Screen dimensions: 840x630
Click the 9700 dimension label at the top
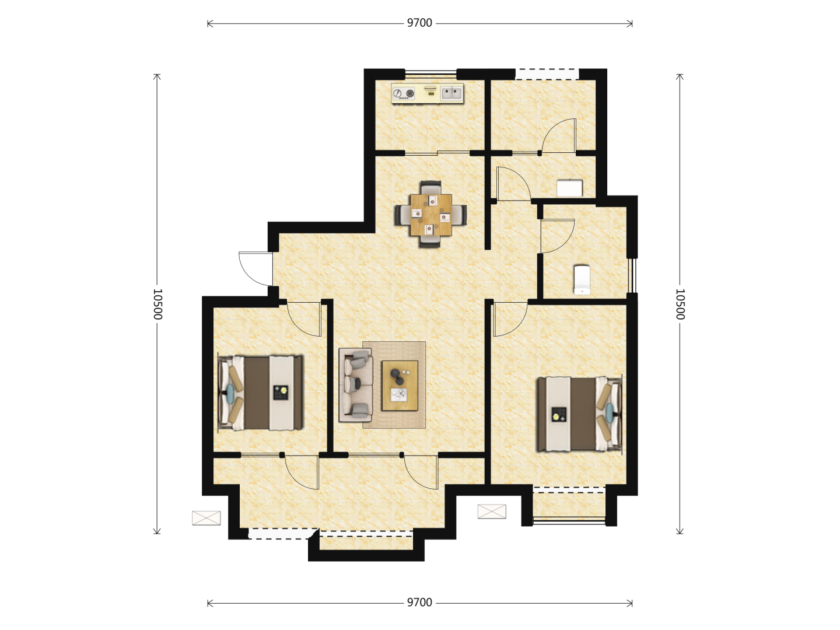pos(419,23)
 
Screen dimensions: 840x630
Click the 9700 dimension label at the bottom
pos(419,603)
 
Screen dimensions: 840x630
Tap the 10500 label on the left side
pos(157,304)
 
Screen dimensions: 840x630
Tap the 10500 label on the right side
pos(680,304)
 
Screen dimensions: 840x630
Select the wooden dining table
pos(430,215)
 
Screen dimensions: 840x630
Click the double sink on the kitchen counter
pos(452,93)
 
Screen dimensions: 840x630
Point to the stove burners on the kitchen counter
pos(404,93)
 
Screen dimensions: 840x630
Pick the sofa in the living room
pos(355,385)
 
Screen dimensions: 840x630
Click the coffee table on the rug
pos(400,385)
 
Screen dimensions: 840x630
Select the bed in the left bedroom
pos(260,393)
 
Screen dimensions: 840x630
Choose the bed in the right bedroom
pos(579,414)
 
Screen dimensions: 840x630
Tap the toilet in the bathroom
pos(582,280)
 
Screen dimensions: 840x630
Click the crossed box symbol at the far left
pos(206,518)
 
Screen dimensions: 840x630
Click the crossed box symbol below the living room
pos(492,512)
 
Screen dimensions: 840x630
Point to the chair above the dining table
pos(430,187)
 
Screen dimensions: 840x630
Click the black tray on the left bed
pos(281,393)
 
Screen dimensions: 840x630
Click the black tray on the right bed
pos(559,415)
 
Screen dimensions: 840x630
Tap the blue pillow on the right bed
pos(609,412)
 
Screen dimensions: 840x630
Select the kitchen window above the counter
pos(431,72)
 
